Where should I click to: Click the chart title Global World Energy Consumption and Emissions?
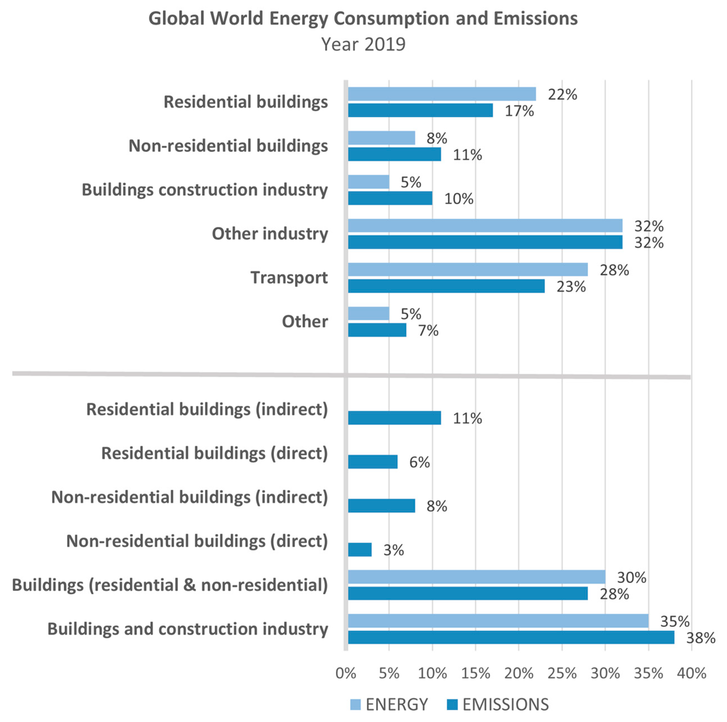(363, 18)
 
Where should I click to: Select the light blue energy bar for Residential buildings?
(441, 94)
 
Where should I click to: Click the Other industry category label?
(270, 233)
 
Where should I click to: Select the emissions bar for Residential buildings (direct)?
(373, 462)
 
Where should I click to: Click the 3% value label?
(393, 550)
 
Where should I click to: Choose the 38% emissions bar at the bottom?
(511, 638)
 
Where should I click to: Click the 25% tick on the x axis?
(562, 673)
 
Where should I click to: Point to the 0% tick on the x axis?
(345, 673)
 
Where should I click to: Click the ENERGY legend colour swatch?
(355, 705)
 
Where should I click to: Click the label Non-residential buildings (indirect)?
(189, 497)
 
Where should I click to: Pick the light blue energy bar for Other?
(368, 313)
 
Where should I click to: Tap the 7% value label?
(428, 331)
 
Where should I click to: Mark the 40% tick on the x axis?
(691, 673)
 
